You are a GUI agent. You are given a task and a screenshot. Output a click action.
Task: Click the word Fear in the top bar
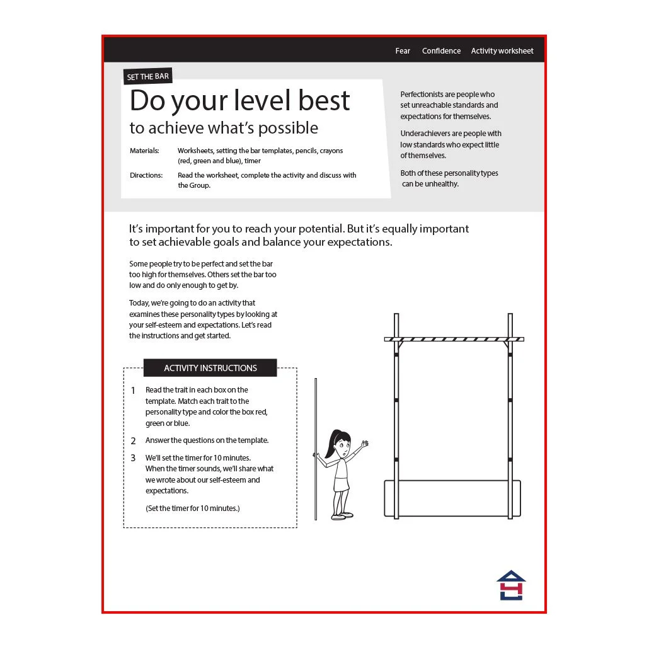tap(402, 51)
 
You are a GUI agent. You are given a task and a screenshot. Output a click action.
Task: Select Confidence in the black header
tap(441, 51)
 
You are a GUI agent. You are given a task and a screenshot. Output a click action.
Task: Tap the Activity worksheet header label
tap(502, 51)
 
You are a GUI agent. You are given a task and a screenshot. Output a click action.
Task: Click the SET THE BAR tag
tap(148, 77)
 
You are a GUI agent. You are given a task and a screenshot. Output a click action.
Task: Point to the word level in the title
tap(262, 100)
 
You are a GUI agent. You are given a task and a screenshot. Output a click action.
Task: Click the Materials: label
tap(144, 151)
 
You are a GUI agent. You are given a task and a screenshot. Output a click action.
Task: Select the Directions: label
tap(146, 175)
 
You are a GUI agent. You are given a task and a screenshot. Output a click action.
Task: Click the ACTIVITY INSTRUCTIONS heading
tap(210, 368)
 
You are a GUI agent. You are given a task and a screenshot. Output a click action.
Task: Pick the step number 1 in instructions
tap(134, 390)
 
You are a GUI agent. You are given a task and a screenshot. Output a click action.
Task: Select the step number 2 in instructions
tap(134, 441)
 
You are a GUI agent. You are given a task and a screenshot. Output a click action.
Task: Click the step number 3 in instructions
tap(134, 458)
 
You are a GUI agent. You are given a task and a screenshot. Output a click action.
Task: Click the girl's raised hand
tap(364, 444)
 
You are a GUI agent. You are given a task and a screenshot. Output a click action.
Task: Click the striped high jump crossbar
tap(454, 340)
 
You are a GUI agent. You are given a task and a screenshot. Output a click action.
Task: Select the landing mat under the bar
tap(452, 498)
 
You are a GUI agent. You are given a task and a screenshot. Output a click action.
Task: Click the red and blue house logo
tap(511, 585)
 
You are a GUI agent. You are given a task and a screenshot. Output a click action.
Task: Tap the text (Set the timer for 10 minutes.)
tap(192, 508)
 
